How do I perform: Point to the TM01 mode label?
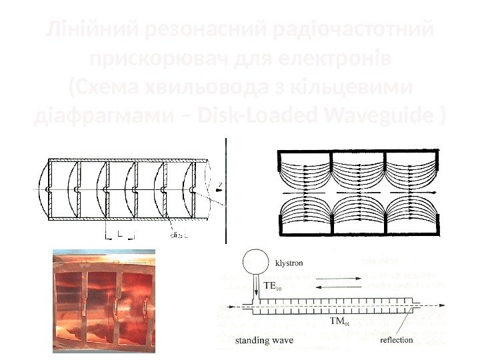pyautogui.click(x=339, y=322)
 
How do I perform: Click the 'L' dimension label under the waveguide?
pyautogui.click(x=119, y=233)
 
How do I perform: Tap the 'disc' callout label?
pyautogui.click(x=179, y=235)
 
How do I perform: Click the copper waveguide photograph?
pyautogui.click(x=104, y=301)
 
